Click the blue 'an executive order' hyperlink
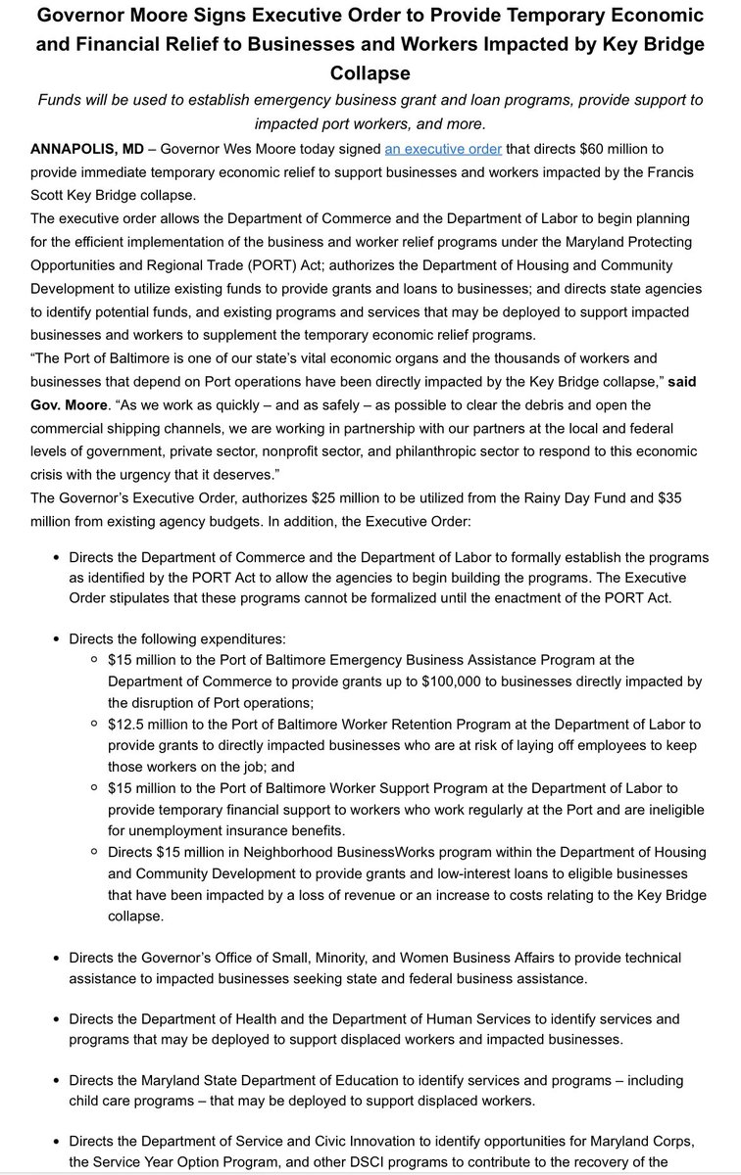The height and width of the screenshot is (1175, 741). click(443, 149)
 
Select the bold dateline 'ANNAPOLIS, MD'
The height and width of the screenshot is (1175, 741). click(86, 149)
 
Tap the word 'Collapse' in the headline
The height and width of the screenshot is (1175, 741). click(370, 73)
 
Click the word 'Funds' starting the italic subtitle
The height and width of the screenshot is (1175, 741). click(60, 101)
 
